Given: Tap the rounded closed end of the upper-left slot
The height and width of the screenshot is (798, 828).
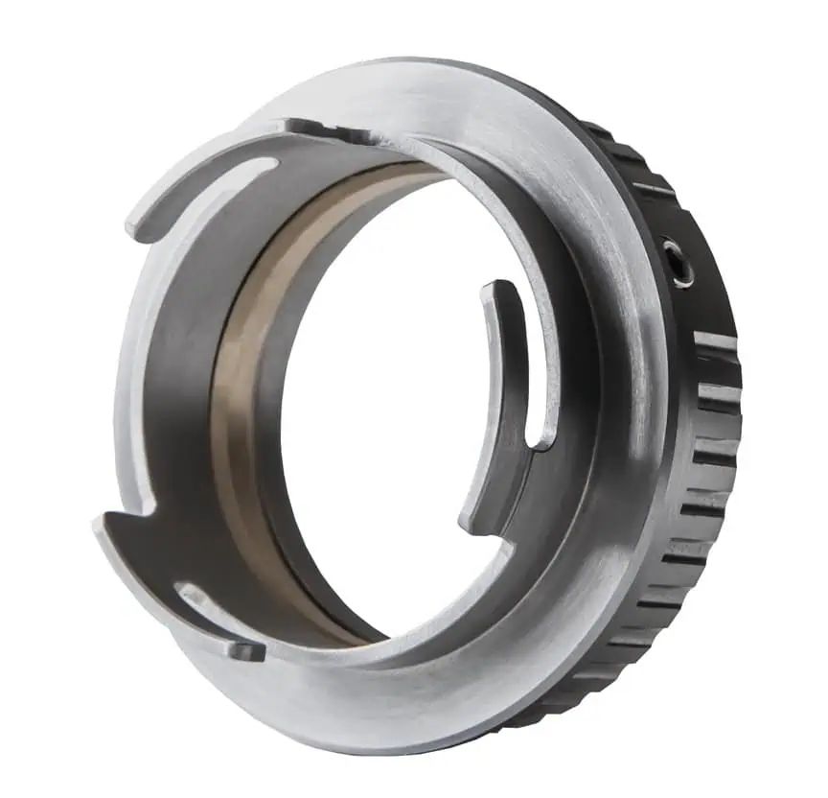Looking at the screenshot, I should (269, 165).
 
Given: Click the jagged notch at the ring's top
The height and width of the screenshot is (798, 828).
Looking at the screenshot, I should (317, 129).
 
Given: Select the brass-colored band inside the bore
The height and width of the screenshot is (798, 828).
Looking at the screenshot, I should (240, 403).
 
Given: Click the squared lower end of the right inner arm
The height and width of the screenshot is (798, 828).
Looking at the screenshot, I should (471, 525).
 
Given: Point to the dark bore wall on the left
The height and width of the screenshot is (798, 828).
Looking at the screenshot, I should (177, 384).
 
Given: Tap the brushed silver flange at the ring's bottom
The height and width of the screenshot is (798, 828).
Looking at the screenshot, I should (402, 710).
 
